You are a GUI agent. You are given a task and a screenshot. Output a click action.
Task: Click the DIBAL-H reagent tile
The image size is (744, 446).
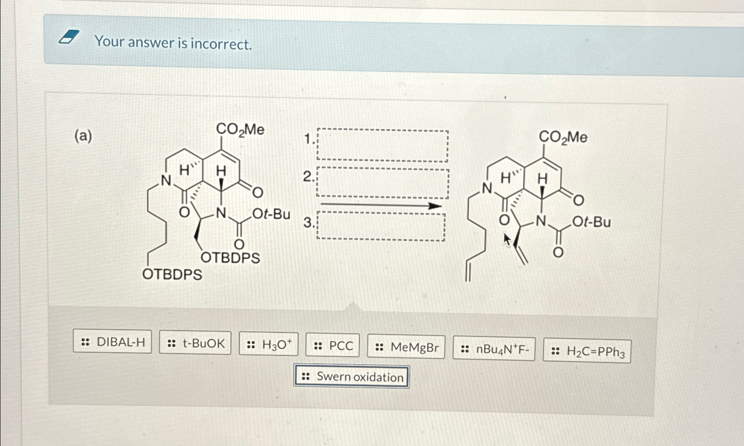(x=113, y=342)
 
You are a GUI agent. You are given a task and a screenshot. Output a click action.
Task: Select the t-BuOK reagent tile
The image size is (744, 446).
(x=195, y=343)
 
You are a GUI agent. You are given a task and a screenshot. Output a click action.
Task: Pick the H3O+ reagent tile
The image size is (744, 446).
(x=269, y=344)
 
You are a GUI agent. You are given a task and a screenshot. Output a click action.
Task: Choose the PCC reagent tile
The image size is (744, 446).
(x=332, y=346)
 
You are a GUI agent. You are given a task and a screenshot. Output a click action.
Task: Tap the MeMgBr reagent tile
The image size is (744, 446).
(x=406, y=347)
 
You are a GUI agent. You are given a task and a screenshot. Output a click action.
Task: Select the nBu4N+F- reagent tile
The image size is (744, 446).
(x=494, y=349)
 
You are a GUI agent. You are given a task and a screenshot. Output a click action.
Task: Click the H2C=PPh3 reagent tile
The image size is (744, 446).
(x=587, y=351)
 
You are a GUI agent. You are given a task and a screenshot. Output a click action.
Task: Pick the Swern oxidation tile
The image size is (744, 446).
(x=352, y=377)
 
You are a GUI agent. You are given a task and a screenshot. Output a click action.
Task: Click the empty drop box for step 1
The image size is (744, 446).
(x=382, y=145)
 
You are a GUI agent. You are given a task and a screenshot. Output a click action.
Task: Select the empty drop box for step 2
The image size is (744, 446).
(x=382, y=183)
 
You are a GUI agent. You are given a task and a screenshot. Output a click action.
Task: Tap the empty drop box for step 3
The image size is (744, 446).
(x=381, y=227)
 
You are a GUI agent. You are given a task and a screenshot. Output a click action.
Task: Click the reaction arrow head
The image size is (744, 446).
(x=434, y=206)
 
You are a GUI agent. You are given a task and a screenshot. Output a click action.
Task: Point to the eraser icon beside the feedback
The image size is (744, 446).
(x=69, y=37)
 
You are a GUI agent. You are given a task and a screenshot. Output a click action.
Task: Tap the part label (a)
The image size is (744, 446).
(x=83, y=136)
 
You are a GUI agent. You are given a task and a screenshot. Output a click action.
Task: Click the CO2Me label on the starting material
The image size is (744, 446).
(x=240, y=129)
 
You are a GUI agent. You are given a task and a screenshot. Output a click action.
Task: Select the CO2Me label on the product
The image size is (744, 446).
(x=563, y=137)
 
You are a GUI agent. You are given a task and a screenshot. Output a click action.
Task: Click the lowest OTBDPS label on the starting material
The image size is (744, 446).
(x=172, y=274)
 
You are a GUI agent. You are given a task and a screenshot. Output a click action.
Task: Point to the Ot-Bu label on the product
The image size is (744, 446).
(x=592, y=221)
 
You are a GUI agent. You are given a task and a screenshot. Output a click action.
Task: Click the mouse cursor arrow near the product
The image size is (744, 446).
(x=507, y=240)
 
